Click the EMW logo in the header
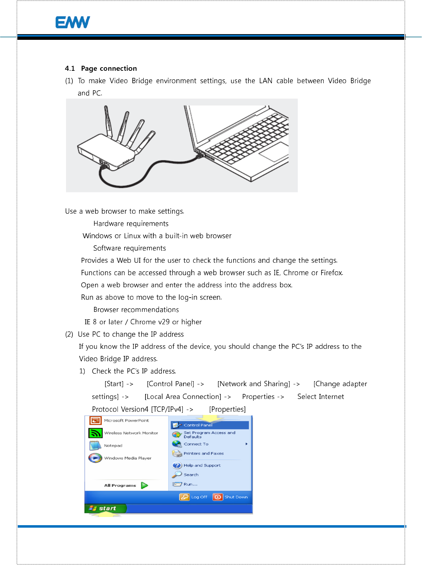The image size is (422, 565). click(x=73, y=22)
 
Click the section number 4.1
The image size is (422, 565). click(x=70, y=69)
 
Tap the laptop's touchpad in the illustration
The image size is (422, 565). click(x=274, y=152)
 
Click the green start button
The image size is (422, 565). click(x=105, y=508)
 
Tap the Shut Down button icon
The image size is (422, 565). click(x=218, y=497)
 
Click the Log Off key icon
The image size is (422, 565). click(x=185, y=497)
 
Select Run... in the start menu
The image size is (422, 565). click(x=190, y=484)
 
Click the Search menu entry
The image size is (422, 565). click(x=191, y=475)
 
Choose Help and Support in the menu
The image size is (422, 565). click(x=202, y=465)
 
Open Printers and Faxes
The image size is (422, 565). click(x=203, y=453)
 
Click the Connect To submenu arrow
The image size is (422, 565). click(x=246, y=444)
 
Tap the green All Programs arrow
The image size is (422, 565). click(x=144, y=485)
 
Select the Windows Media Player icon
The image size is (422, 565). click(x=95, y=458)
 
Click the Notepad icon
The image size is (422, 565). click(x=95, y=446)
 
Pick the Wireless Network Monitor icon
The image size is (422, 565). click(x=95, y=433)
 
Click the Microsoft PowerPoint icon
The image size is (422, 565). click(x=95, y=421)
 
